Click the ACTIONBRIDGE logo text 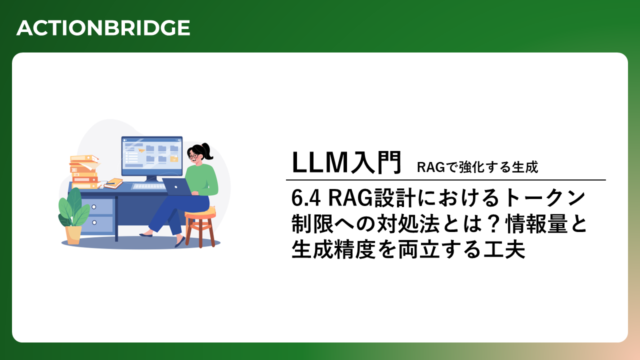[x=103, y=28]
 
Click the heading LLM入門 [x=347, y=162]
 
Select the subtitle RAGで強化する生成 [x=477, y=167]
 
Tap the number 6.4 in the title [x=305, y=198]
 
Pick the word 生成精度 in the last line [x=333, y=249]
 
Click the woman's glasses [x=193, y=156]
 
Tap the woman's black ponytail [x=207, y=151]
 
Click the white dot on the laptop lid [x=176, y=187]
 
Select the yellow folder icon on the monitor [x=174, y=159]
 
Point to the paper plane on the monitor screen [x=141, y=150]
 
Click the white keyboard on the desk [x=148, y=186]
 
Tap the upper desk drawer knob [x=93, y=207]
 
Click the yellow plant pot [x=73, y=235]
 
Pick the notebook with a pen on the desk [x=113, y=183]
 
